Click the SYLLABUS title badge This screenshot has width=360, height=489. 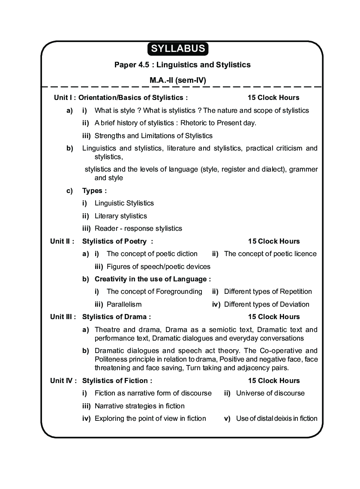178,48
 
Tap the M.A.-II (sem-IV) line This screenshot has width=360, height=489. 178,80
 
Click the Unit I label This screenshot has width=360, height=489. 64,97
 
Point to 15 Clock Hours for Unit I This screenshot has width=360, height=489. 273,97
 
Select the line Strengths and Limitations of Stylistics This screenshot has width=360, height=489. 153,136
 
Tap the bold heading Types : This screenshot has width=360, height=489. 94,190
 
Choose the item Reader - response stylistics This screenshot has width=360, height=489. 138,229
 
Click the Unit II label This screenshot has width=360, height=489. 62,241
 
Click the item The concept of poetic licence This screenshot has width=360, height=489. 270,254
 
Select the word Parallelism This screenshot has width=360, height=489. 124,305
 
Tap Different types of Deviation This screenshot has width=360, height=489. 266,305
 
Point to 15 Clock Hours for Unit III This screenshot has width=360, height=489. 273,317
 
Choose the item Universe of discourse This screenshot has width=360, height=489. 270,393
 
